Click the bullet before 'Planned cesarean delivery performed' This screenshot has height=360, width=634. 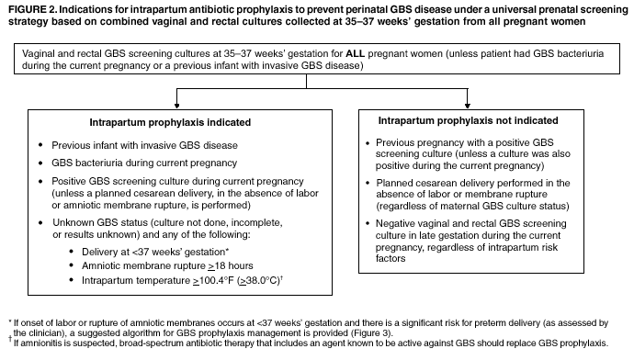(368, 183)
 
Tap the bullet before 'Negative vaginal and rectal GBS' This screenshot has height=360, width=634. (368, 223)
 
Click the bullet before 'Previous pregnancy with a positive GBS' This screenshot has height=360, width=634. (368, 144)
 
